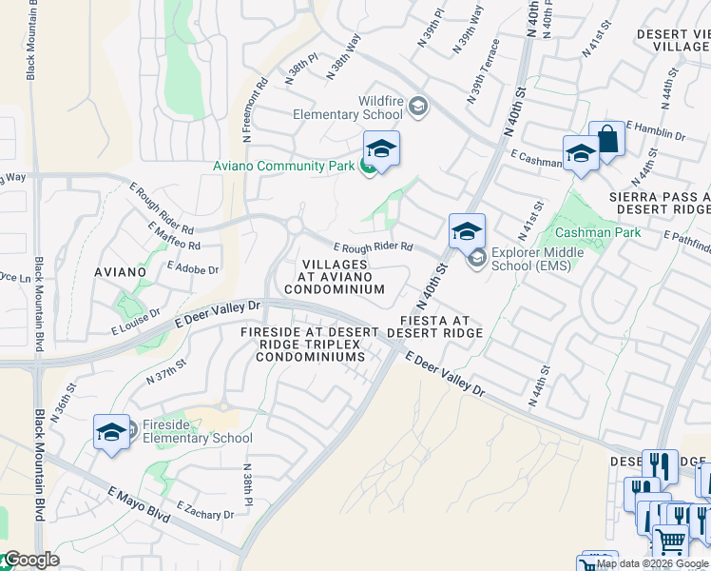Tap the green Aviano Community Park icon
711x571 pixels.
(x=367, y=167)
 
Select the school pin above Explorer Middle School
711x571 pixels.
(x=467, y=232)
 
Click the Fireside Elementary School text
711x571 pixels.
(x=197, y=431)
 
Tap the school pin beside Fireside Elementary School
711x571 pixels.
(x=111, y=433)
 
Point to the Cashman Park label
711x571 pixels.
(x=598, y=232)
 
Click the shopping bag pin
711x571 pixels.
(x=606, y=141)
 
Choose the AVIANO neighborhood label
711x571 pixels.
(x=121, y=272)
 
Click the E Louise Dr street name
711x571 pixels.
(x=135, y=323)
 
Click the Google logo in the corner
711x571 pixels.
(x=31, y=561)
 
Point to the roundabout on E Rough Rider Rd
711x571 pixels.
(x=295, y=226)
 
